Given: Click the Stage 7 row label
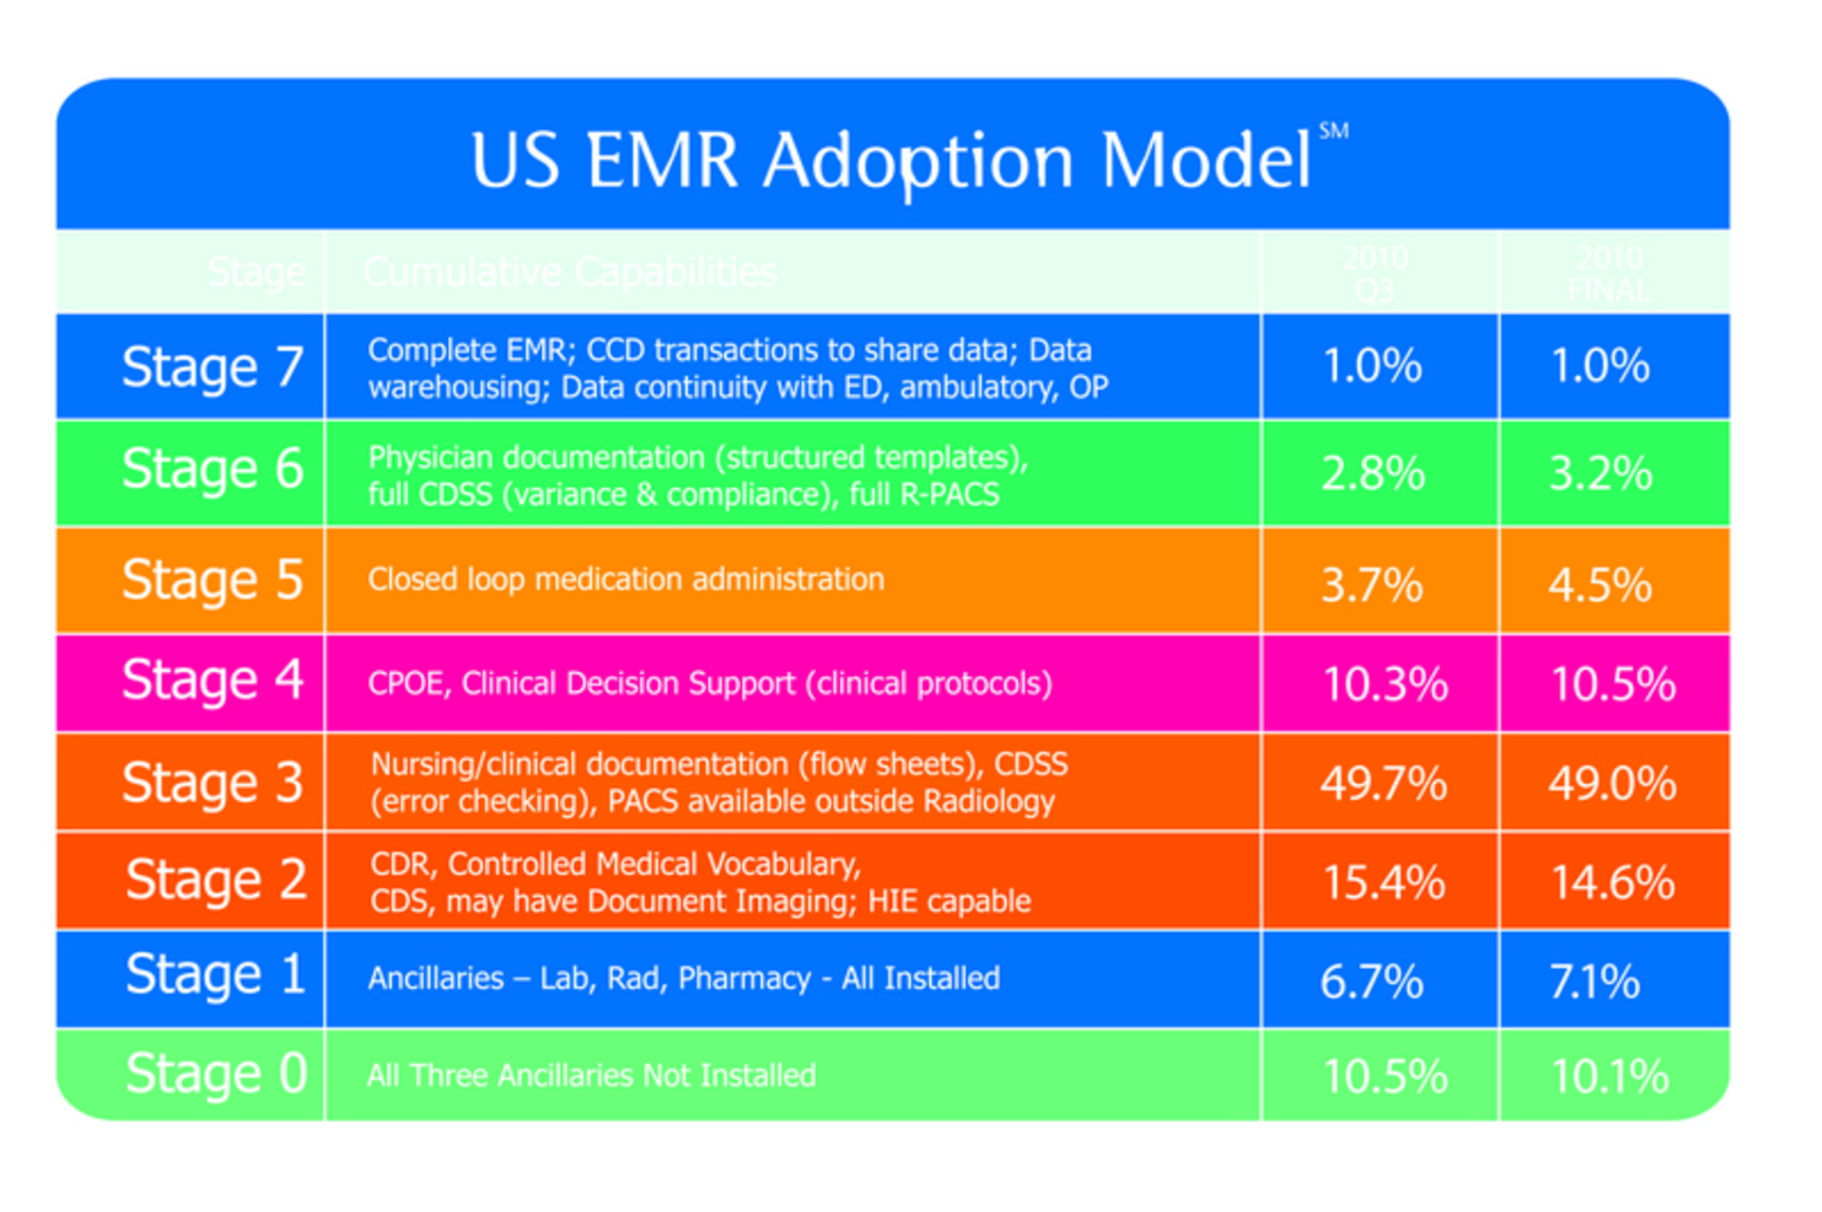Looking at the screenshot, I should click(x=212, y=367).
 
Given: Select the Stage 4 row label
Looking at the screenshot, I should click(x=212, y=681).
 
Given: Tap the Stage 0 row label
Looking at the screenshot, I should click(x=215, y=1073).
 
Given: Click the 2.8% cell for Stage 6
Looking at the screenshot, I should click(x=1372, y=473).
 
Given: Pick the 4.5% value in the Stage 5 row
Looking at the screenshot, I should click(x=1600, y=585).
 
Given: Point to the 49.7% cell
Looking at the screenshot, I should click(x=1383, y=783).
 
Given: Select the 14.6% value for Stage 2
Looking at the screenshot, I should click(x=1611, y=882).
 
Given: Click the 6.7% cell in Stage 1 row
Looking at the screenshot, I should click(x=1371, y=980).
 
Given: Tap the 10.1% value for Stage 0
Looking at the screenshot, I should click(x=1609, y=1076).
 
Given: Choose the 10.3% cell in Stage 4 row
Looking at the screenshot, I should click(x=1385, y=683).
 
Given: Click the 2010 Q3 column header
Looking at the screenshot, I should click(x=1375, y=272).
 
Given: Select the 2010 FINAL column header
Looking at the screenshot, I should click(x=1609, y=272).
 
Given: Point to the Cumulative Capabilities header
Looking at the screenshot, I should click(x=569, y=272).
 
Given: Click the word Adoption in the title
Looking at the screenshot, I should click(x=918, y=161).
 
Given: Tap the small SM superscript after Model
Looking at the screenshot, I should click(x=1333, y=131).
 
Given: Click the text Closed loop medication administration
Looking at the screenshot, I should click(x=625, y=579).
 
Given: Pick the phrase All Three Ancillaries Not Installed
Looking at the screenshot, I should click(x=590, y=1075).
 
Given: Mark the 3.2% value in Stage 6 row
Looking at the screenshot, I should click(x=1600, y=473).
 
